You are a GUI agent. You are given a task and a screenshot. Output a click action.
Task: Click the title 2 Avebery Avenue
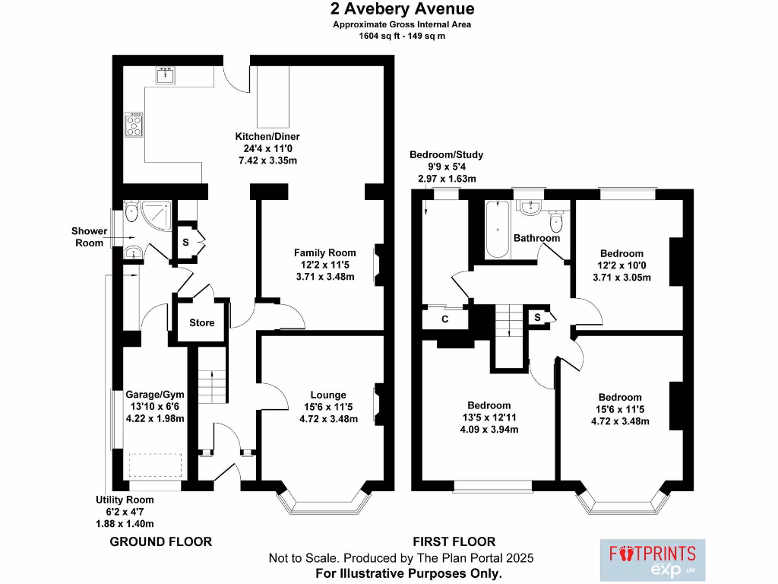[x=402, y=9]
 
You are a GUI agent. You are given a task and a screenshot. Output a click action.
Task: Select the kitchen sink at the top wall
[x=166, y=75]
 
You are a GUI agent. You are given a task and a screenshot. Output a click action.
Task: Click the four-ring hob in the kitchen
[x=134, y=125]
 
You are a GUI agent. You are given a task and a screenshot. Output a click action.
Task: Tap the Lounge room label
[x=328, y=395]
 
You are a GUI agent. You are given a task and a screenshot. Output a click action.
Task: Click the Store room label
[x=202, y=322]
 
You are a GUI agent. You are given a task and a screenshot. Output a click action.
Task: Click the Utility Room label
[x=125, y=500]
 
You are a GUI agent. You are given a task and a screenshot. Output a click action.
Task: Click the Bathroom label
[x=536, y=238]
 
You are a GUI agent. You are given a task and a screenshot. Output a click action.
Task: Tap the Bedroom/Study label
[x=446, y=155]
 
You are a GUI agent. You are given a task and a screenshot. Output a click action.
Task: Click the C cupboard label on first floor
[x=445, y=319]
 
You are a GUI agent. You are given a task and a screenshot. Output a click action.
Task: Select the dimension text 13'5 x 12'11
[x=489, y=417]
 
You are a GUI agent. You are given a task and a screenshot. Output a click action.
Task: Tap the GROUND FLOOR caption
[x=160, y=541]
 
